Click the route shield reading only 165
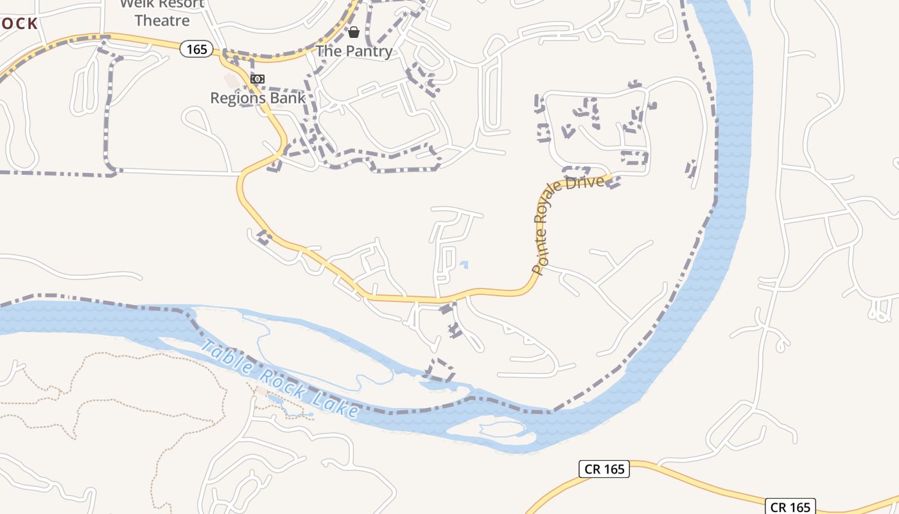click(196, 49)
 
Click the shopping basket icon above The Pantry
click(354, 31)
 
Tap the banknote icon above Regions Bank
click(257, 79)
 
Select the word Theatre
click(162, 21)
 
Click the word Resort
click(180, 4)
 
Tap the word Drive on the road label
click(590, 183)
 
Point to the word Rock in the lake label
click(280, 383)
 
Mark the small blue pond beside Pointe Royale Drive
click(464, 264)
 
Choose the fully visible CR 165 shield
click(604, 469)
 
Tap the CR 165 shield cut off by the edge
click(790, 506)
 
